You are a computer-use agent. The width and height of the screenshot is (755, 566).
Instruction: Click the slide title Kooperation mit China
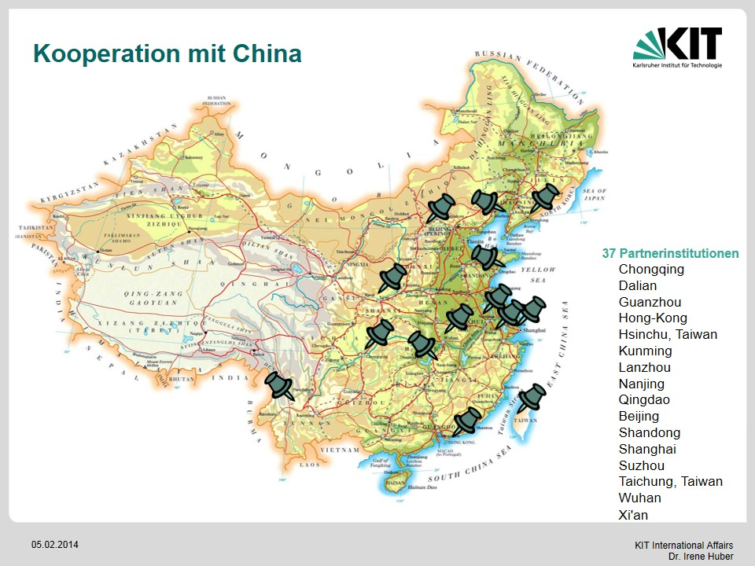(x=167, y=53)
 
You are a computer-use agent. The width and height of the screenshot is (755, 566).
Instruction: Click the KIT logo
(x=677, y=48)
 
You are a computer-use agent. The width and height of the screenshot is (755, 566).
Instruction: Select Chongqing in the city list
(x=651, y=270)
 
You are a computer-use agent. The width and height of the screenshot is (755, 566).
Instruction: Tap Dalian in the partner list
(x=637, y=286)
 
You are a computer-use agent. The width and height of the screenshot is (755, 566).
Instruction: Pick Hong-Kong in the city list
(x=653, y=318)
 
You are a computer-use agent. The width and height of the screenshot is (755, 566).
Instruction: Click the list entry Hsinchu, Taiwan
(x=668, y=335)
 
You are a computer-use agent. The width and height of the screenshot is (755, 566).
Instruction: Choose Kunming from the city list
(x=645, y=351)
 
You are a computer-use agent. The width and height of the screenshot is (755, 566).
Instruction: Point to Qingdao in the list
(x=644, y=400)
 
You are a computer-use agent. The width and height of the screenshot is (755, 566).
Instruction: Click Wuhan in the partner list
(x=639, y=498)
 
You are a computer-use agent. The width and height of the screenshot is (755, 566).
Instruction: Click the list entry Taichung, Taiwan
(x=670, y=482)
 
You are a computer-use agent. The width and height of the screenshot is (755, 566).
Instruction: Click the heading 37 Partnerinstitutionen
(x=670, y=253)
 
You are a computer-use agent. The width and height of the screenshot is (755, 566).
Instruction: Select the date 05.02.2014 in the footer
(x=55, y=545)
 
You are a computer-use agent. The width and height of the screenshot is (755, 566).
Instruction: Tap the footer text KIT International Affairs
(x=683, y=546)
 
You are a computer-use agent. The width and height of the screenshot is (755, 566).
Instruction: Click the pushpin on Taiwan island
(x=532, y=397)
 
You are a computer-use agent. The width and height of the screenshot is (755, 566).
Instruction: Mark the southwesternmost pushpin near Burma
(x=279, y=386)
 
